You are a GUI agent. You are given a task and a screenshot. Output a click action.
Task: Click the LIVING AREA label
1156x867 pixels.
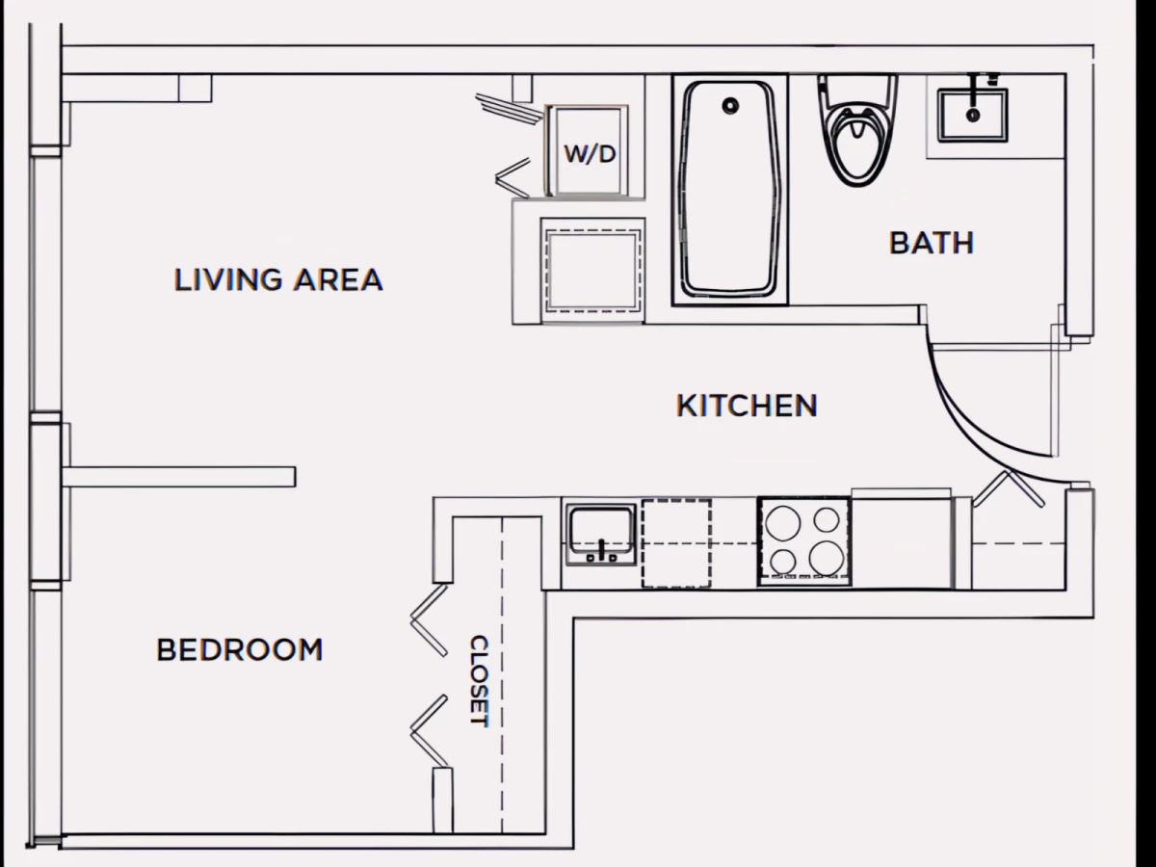278,279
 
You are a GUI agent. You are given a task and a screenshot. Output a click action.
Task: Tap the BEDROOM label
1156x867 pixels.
240,649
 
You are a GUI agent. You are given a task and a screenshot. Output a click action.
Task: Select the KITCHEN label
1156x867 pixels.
747,406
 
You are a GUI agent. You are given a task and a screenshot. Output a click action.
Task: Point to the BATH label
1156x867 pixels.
932,243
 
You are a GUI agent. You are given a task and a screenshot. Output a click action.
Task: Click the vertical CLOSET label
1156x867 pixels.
479,681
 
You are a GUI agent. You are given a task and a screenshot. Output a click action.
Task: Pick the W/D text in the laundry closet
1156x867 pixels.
590,154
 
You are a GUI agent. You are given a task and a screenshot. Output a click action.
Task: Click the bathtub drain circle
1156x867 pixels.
730,106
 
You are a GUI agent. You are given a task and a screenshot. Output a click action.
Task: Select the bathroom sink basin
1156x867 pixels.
973,116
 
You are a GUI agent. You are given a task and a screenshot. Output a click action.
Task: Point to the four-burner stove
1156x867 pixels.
804,541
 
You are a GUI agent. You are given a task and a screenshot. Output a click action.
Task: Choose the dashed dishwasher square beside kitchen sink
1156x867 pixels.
676,543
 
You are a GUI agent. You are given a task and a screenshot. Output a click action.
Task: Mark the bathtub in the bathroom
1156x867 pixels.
730,190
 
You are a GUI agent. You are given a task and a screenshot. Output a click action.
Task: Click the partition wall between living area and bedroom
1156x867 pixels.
179,477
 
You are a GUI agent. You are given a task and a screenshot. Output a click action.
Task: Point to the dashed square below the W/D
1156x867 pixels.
593,271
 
